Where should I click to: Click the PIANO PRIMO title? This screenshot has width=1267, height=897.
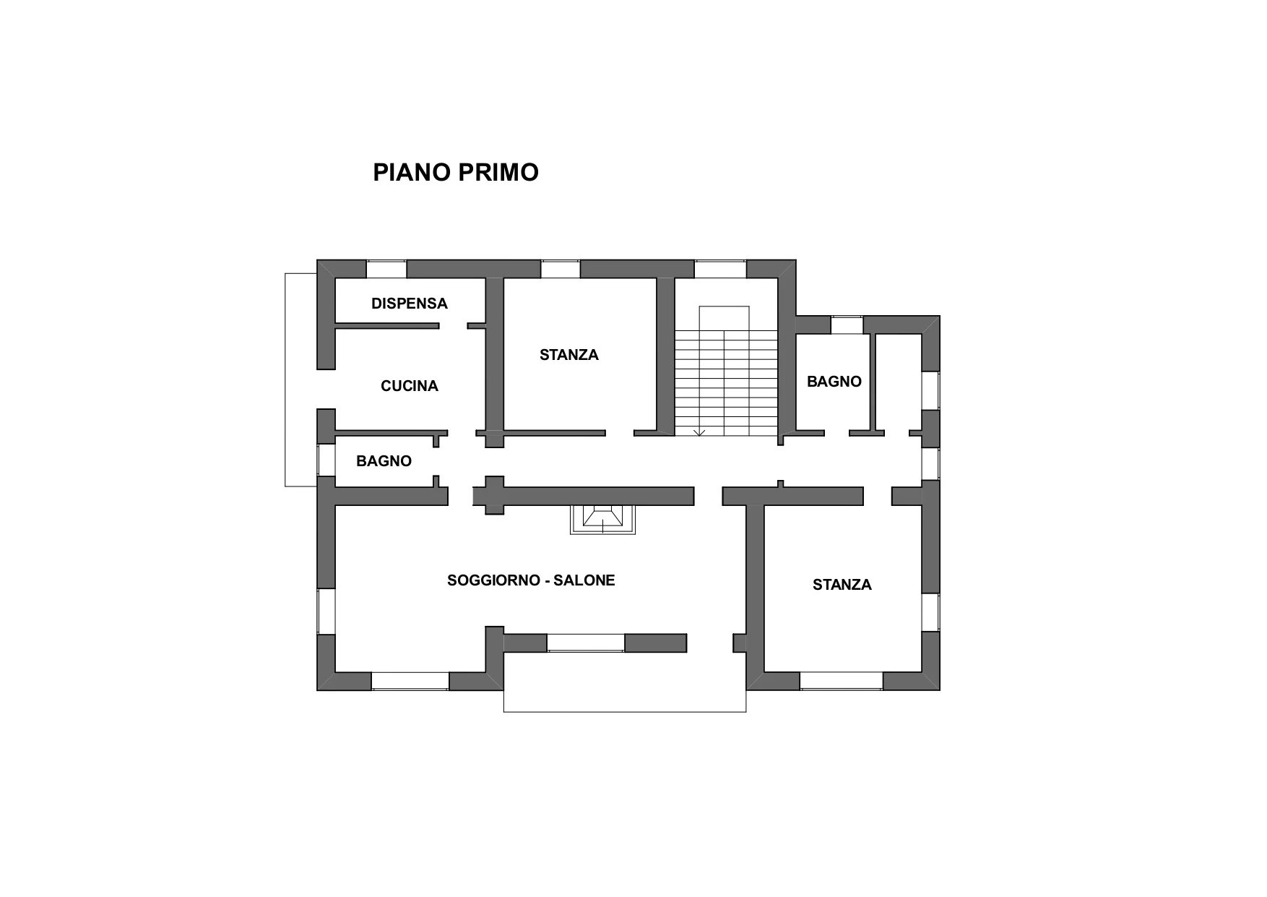coord(456,173)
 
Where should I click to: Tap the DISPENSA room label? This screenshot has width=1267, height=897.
coord(410,304)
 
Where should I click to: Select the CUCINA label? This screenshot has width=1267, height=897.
coord(410,386)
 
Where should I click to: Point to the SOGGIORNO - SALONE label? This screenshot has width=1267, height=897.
coord(531,580)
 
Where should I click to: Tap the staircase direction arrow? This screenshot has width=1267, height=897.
coord(699,432)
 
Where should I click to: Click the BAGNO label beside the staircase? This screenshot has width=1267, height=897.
coord(834,382)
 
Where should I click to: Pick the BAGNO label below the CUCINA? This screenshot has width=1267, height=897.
coord(384,461)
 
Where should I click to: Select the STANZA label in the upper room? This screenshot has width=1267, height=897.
coord(569,355)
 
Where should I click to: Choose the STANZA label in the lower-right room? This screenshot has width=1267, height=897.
coord(842,585)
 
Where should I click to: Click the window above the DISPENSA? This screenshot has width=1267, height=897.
coord(386,269)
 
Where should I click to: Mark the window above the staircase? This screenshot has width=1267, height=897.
coord(720,269)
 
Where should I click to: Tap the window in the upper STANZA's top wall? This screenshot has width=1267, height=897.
coord(561,269)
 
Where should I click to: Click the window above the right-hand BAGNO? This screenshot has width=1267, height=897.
coord(847,325)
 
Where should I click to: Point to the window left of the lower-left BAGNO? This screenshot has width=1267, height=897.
coord(327,459)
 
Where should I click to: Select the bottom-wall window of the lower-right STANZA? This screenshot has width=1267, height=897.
coord(842,681)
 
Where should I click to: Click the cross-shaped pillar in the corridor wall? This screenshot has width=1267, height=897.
coord(494,495)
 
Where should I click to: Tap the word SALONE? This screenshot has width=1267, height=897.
coord(584,580)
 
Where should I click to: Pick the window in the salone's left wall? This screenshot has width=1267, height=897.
coord(327,611)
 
